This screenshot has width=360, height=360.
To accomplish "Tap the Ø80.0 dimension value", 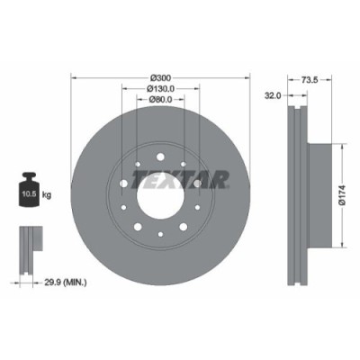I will point(159,100).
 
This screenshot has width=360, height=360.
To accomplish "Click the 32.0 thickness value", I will point(274,94).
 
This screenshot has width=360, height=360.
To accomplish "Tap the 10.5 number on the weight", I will point(28,193).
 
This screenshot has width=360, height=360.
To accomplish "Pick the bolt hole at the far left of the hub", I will point(123,184).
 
